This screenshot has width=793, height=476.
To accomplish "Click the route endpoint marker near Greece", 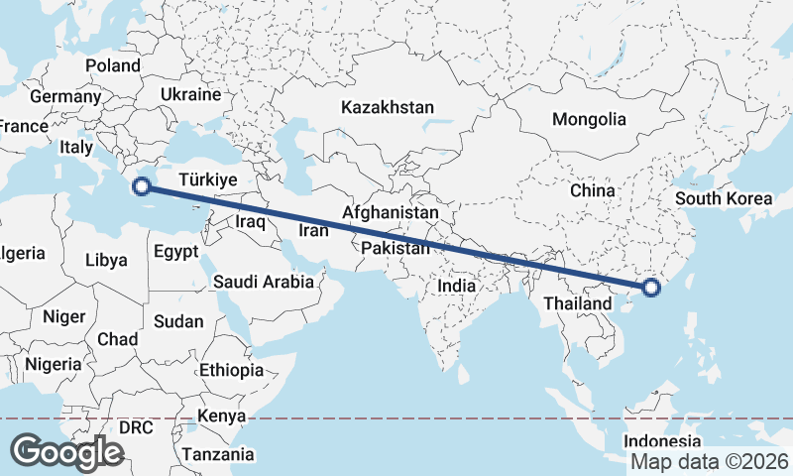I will pos(142,185).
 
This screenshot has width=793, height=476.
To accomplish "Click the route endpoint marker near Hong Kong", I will pos(651,289).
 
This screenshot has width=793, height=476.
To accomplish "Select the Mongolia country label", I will pos(590,119).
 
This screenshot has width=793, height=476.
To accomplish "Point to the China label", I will pos(593,189).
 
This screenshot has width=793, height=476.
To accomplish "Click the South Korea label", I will pos(724,198).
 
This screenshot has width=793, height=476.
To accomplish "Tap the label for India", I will pos(457,286).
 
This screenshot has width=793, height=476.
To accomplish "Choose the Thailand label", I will pos(584,302).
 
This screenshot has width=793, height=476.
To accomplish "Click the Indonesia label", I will pos(663,441).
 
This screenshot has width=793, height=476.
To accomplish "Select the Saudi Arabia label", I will pos(264,282).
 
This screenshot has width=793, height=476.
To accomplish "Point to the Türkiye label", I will pos(207,180).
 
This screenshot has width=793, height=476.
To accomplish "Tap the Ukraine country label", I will pos(190,95).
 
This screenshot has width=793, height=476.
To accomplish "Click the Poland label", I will pos(113,64).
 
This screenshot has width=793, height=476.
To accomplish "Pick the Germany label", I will pos(65,97).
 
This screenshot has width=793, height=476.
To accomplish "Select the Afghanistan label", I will pos(391,212).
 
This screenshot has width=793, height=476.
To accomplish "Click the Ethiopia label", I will pos(231,370).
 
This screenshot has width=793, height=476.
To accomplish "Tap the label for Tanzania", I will pos(217,454).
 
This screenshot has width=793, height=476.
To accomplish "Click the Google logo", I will pos(66,451).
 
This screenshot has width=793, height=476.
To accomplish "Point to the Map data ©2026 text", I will pos(709,461).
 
